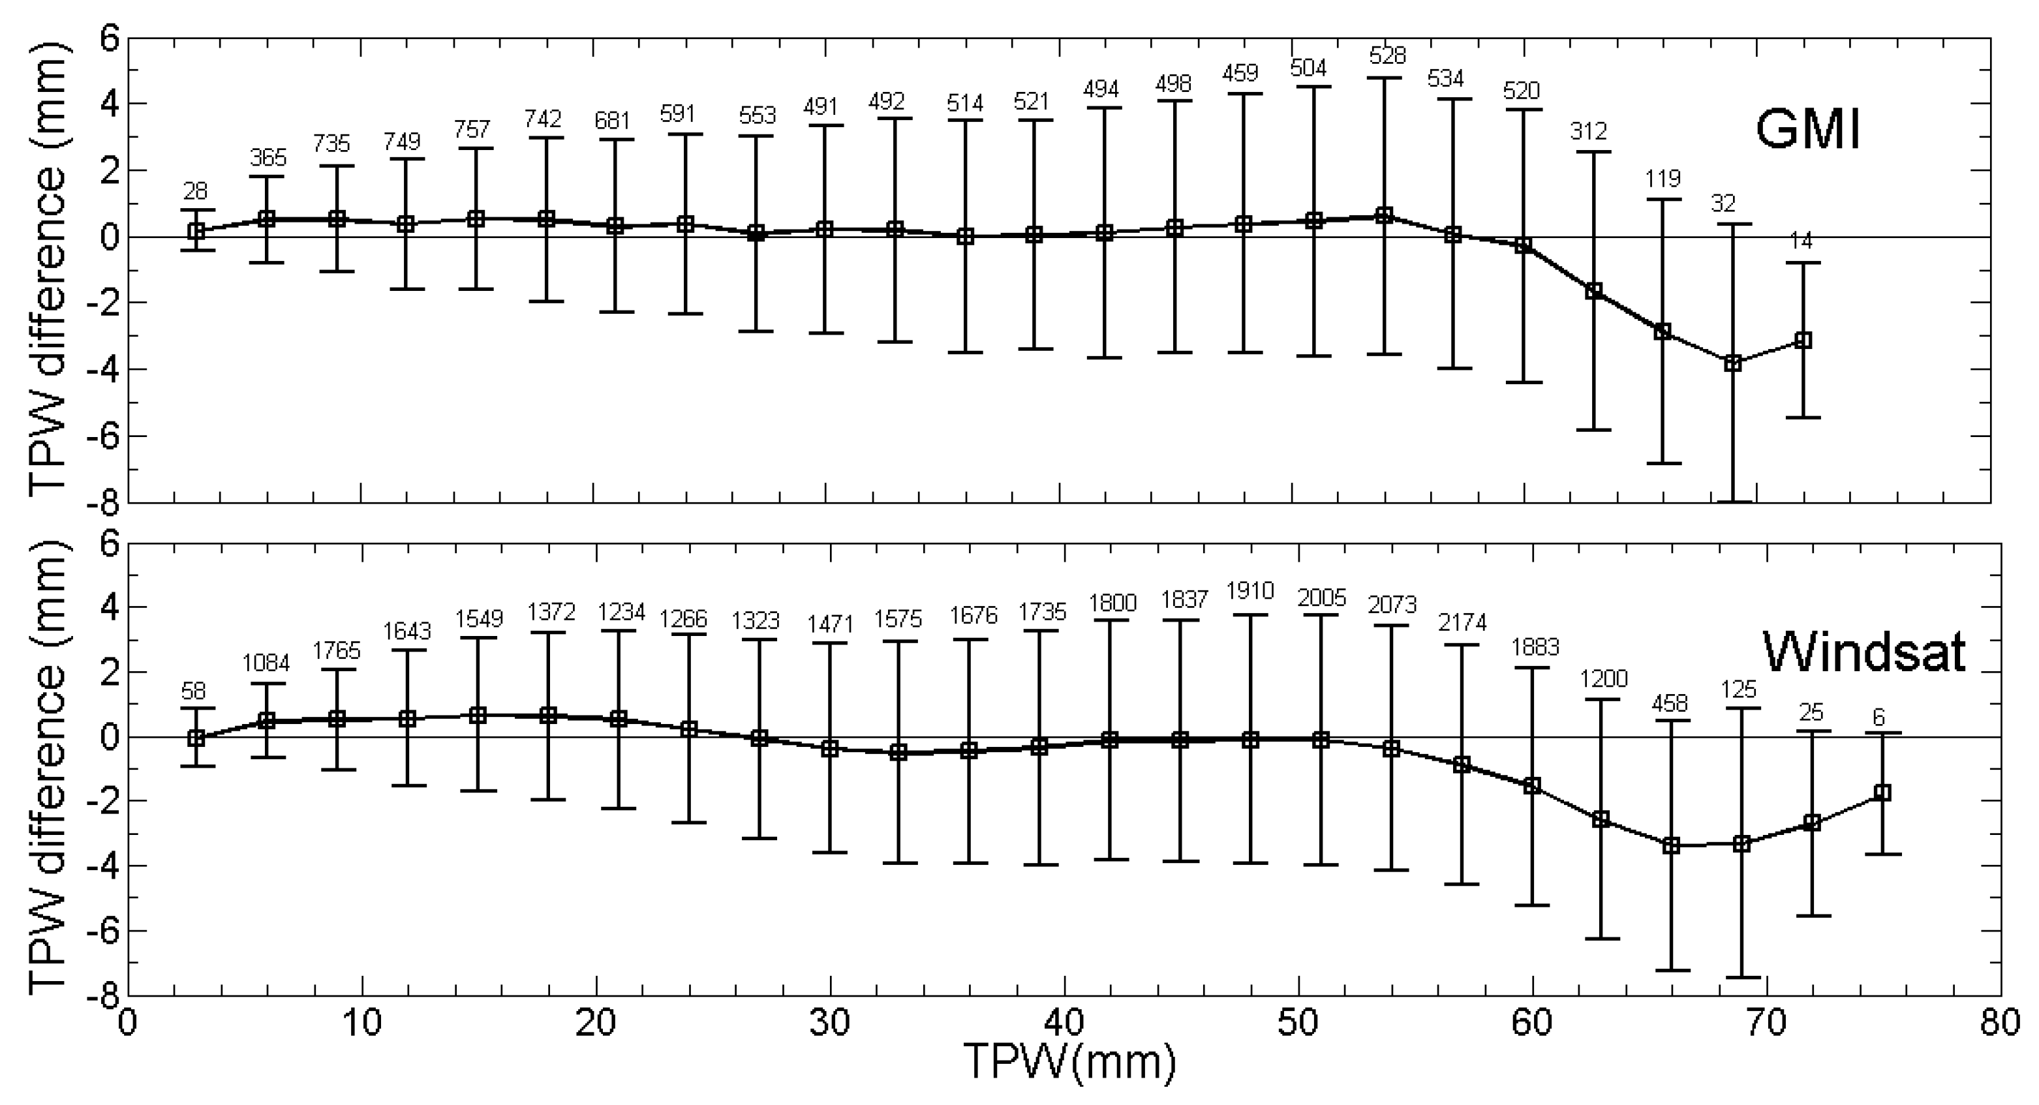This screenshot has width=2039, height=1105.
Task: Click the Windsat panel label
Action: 1863,653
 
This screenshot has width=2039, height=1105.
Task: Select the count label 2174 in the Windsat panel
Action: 1462,623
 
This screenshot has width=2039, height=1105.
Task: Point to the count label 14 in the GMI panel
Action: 1801,241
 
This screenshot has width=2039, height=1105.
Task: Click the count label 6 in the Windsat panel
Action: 1879,717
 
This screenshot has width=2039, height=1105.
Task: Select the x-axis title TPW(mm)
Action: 1069,1063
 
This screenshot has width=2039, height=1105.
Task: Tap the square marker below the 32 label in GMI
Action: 1734,363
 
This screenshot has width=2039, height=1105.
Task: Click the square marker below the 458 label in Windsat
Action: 1671,846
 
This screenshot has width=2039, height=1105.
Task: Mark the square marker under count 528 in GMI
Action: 1384,215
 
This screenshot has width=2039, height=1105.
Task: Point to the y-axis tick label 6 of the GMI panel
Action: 108,38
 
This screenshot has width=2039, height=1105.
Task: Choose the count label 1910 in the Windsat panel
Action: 1250,591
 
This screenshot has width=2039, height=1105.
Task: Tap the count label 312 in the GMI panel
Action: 1589,130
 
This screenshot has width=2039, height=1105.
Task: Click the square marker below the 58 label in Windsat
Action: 196,738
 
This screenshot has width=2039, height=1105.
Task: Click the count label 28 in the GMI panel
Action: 196,190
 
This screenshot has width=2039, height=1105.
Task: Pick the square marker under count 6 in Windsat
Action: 1882,793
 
